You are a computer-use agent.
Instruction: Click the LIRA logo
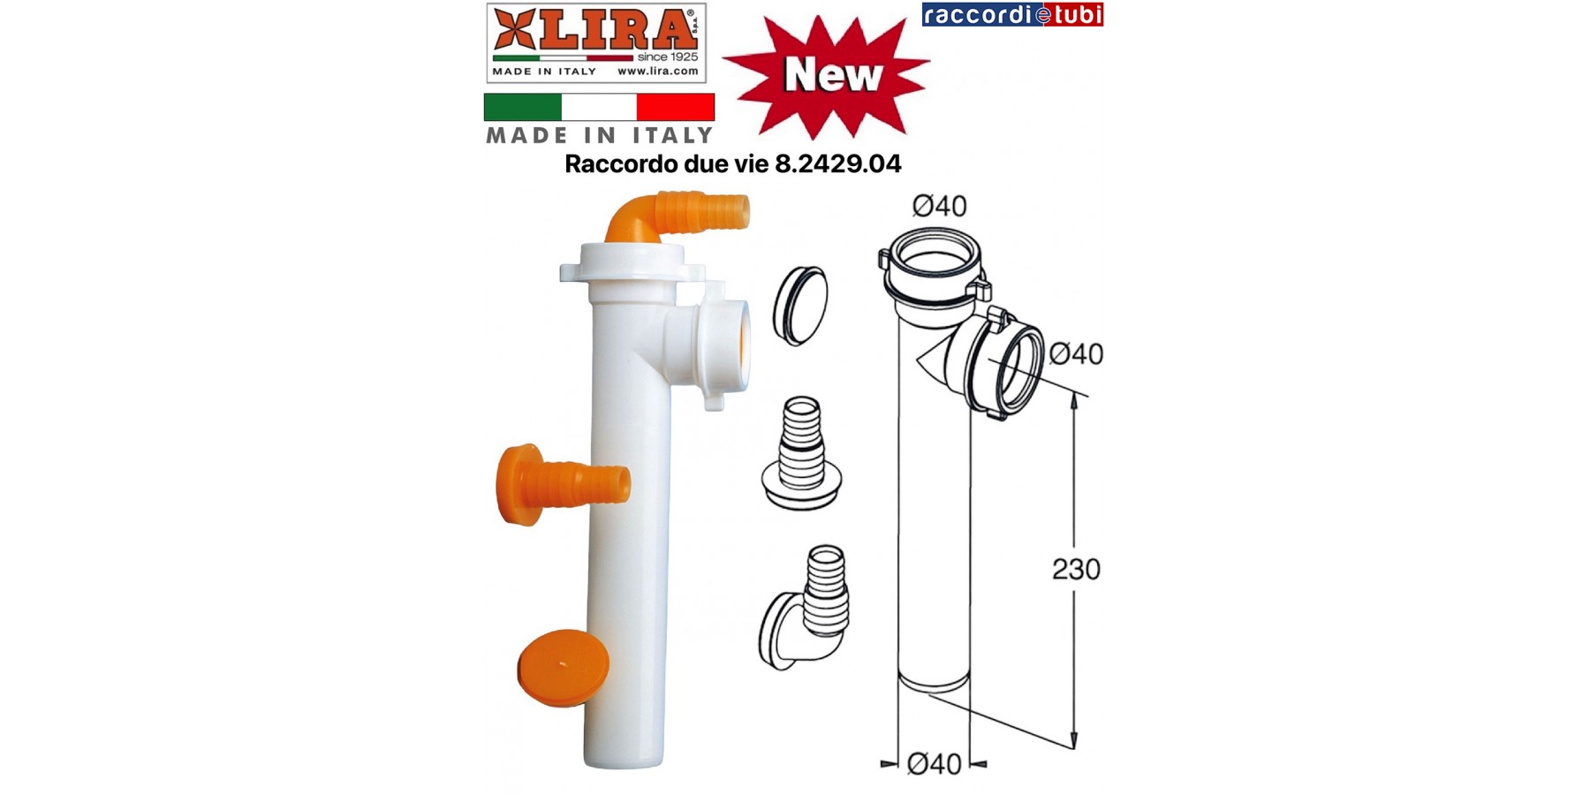pyautogui.click(x=595, y=42)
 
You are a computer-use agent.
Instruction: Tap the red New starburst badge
pyautogui.click(x=827, y=76)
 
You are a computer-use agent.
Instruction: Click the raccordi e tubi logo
pyautogui.click(x=1012, y=15)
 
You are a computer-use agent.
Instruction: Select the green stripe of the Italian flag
pyautogui.click(x=522, y=107)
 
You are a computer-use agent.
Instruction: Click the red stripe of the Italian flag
pyautogui.click(x=676, y=107)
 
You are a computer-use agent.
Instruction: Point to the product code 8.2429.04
pyautogui.click(x=837, y=164)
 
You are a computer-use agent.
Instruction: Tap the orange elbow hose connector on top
pyautogui.click(x=676, y=215)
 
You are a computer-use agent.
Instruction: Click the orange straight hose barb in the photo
pyautogui.click(x=562, y=484)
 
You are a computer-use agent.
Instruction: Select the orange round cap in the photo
pyautogui.click(x=563, y=668)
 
